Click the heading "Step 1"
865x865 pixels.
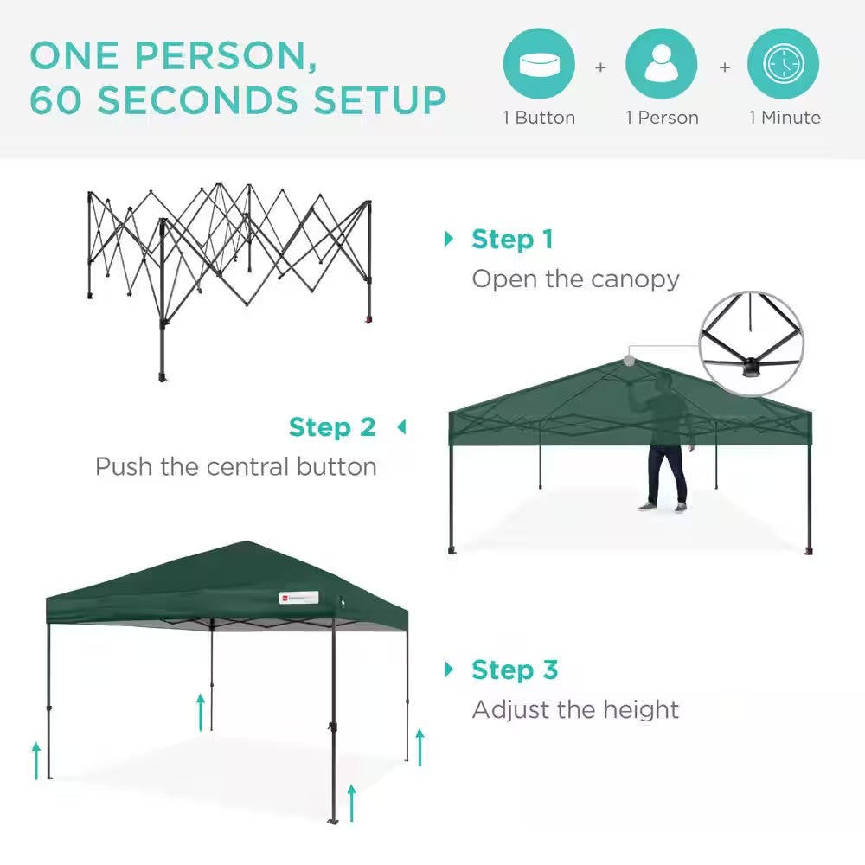click(512, 240)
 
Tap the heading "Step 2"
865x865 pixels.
click(332, 427)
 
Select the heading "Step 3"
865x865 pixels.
click(515, 670)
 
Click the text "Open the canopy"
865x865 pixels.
click(575, 279)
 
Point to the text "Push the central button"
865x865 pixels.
click(236, 467)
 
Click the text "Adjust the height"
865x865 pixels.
click(575, 710)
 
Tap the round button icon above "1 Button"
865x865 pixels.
click(539, 65)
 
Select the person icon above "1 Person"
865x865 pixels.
click(661, 65)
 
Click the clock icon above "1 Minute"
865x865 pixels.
click(784, 65)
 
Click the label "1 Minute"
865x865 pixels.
click(785, 118)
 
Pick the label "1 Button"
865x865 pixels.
click(539, 118)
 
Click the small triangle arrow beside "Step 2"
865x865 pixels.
click(400, 426)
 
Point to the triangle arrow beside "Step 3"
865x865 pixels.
click(448, 669)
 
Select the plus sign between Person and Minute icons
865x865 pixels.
click(725, 67)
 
